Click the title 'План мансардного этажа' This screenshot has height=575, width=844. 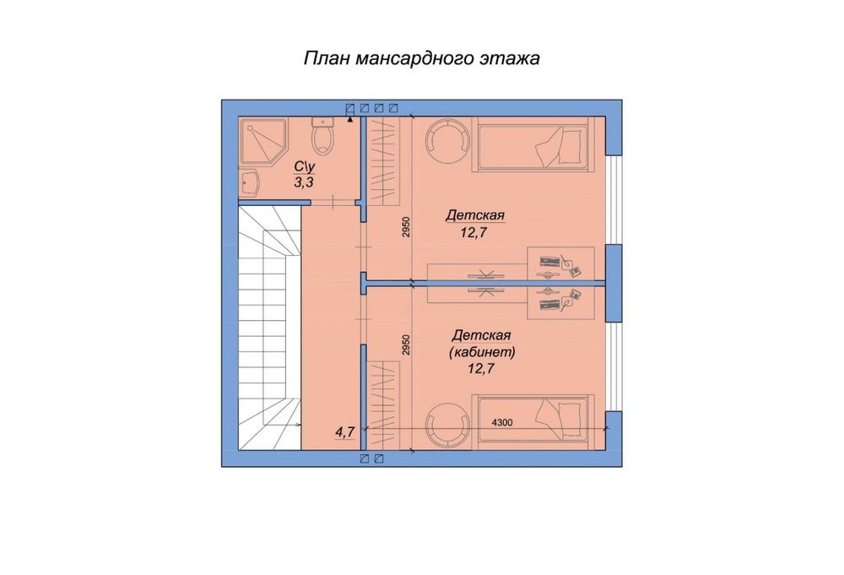click(x=421, y=59)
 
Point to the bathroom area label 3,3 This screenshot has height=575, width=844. click(x=304, y=182)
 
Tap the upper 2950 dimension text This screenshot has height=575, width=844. click(x=406, y=228)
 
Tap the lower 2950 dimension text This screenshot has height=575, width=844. click(x=406, y=344)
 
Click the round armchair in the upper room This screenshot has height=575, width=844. click(x=445, y=140)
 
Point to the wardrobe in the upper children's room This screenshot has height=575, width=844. click(x=384, y=160)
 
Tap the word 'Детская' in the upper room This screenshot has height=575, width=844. click(x=476, y=217)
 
